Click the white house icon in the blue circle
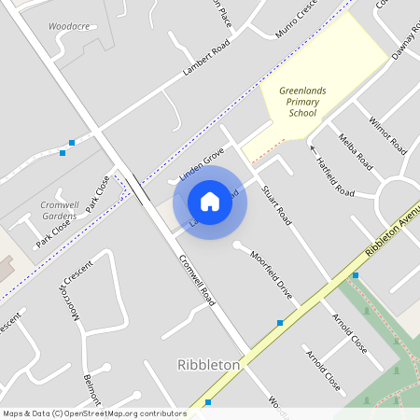210,202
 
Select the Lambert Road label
207,60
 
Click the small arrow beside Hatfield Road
313,149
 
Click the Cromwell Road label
197,280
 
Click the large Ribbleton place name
208,365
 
